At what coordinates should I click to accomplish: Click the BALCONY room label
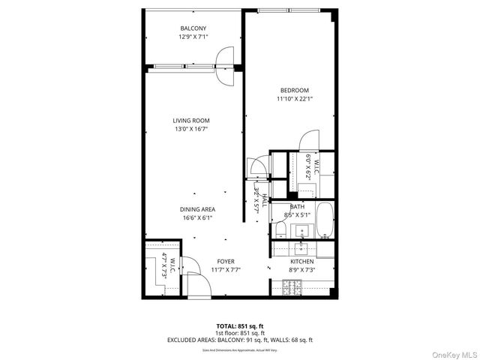click(x=193, y=28)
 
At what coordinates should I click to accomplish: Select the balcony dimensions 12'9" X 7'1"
click(x=193, y=37)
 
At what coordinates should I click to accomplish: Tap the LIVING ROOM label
click(x=191, y=120)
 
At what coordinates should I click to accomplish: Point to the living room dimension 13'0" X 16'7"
click(x=191, y=129)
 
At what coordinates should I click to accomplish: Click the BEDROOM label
click(x=289, y=90)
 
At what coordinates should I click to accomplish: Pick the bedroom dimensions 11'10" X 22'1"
click(x=289, y=98)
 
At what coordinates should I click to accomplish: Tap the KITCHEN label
click(x=302, y=261)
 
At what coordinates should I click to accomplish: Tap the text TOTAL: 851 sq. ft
click(x=239, y=326)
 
